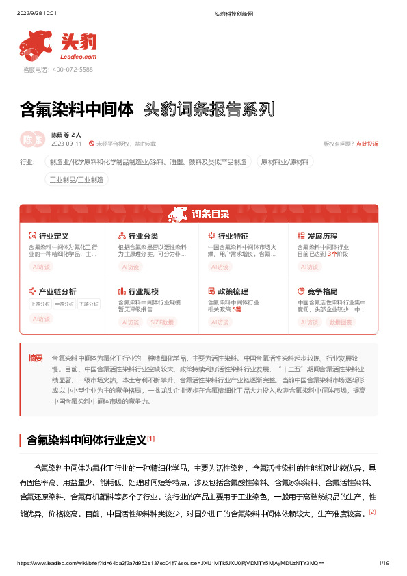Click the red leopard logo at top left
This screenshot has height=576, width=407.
pos(35,44)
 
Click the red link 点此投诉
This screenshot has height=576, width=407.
pos(367,144)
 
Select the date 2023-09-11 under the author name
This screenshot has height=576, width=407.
pos(66,144)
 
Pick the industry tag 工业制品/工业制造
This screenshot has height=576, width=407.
pos(77,180)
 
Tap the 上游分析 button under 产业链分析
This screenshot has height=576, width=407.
pos(40,304)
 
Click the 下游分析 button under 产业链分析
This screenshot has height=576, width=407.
pos(88,304)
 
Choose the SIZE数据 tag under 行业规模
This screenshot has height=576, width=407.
pos(162,322)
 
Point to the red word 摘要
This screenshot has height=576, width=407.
pos(35,358)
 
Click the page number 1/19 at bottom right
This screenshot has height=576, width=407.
pos(384,563)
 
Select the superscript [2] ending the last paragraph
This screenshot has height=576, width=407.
pos(372,511)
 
